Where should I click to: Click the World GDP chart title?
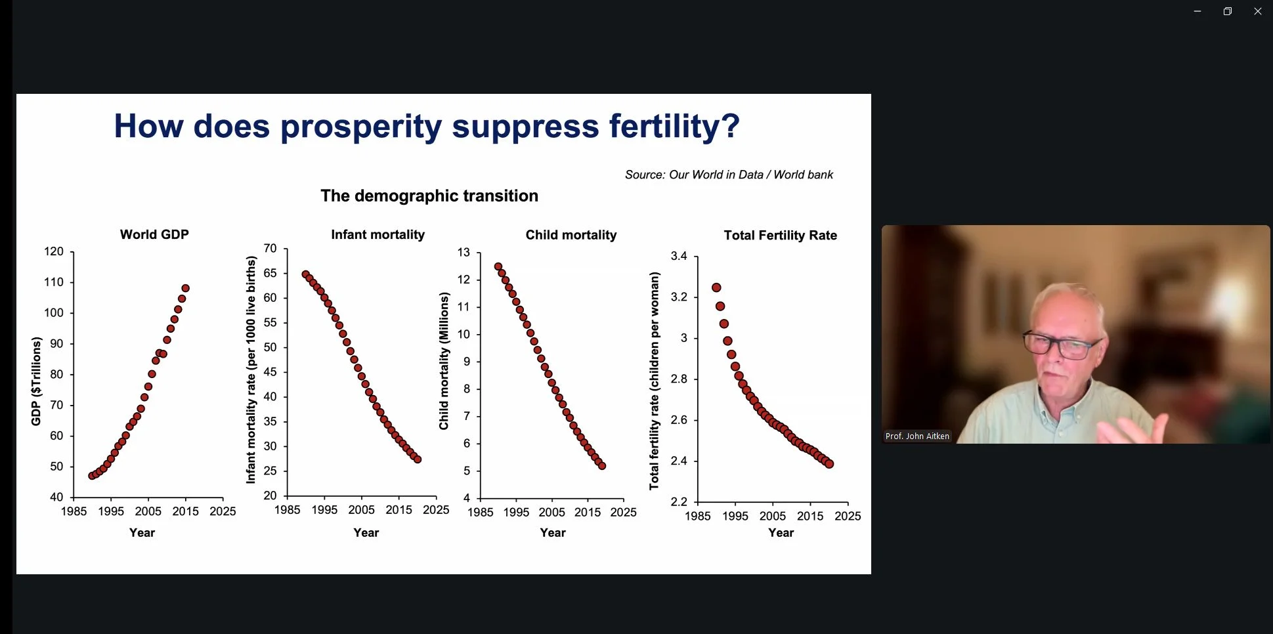pyautogui.click(x=154, y=234)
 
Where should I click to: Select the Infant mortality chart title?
pyautogui.click(x=378, y=234)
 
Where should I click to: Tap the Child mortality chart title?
pyautogui.click(x=571, y=235)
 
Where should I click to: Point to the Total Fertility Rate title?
pyautogui.click(x=780, y=235)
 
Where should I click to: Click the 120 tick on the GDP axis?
pyautogui.click(x=54, y=251)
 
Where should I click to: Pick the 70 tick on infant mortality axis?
pyautogui.click(x=270, y=248)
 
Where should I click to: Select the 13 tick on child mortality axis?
pyautogui.click(x=464, y=252)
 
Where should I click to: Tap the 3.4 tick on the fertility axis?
pyautogui.click(x=679, y=256)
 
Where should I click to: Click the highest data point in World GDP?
pyautogui.click(x=186, y=288)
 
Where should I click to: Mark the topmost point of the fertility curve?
pyautogui.click(x=716, y=287)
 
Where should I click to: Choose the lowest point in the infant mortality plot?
pyautogui.click(x=418, y=459)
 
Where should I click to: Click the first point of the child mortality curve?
pyautogui.click(x=498, y=266)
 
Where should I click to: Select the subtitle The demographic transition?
pyautogui.click(x=429, y=196)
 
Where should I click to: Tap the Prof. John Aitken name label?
pyautogui.click(x=917, y=436)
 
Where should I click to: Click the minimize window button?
pyautogui.click(x=1197, y=11)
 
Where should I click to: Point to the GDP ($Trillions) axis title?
pyautogui.click(x=36, y=381)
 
